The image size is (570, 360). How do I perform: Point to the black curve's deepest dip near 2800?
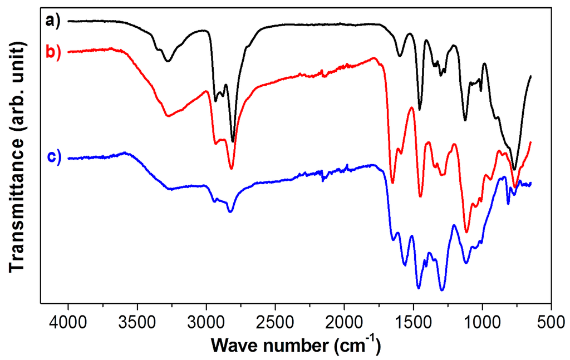tap(233, 141)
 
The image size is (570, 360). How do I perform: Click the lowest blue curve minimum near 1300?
tap(442, 289)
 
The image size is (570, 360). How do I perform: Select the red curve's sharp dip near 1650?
tap(392, 182)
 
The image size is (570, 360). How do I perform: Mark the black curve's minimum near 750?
tap(514, 169)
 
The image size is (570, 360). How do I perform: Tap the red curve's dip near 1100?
tap(466, 232)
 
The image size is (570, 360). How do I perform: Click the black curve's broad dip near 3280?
tap(167, 61)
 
